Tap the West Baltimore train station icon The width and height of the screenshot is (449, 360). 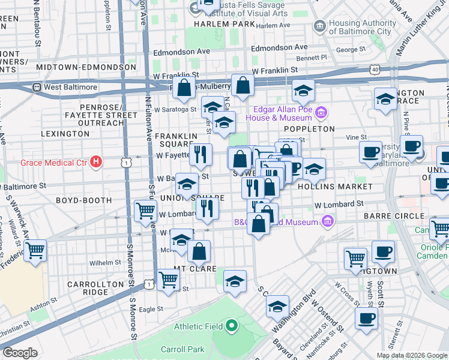click(37, 87)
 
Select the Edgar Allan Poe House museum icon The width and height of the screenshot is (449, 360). click(321, 113)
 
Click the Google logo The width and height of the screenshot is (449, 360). click(20, 353)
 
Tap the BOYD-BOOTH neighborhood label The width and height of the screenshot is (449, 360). click(84, 200)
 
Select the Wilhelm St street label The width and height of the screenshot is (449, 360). click(105, 263)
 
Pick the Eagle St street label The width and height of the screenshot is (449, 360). click(151, 309)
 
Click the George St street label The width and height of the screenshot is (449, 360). click(351, 49)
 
